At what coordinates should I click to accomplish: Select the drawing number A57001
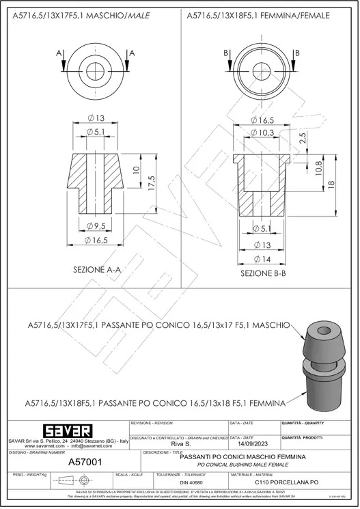(x=85, y=463)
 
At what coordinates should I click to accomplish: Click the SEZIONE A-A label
(x=97, y=270)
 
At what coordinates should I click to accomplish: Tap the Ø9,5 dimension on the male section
(x=97, y=226)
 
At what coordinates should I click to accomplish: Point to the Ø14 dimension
(x=264, y=259)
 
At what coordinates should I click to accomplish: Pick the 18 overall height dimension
(x=332, y=184)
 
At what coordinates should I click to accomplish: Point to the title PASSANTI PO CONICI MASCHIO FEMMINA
(x=242, y=456)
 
